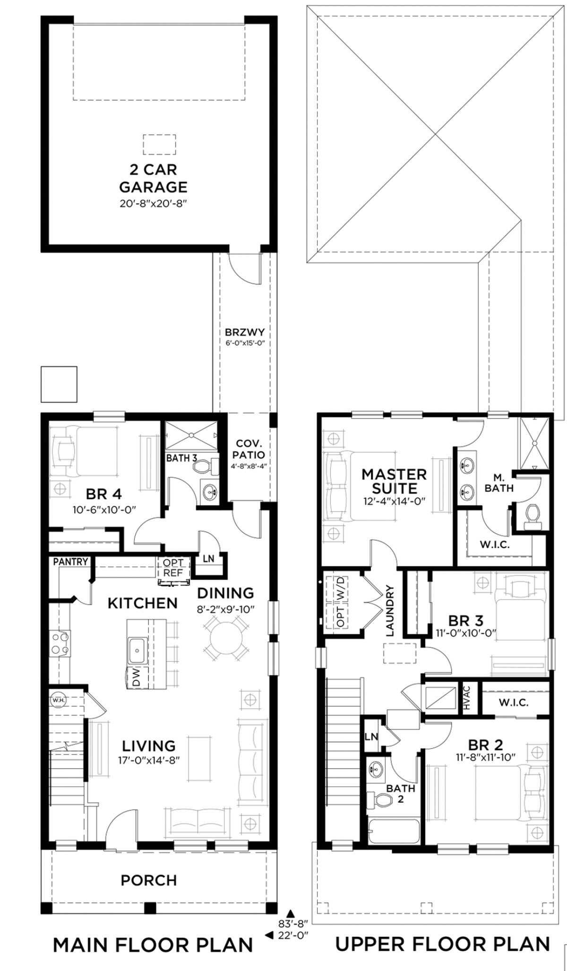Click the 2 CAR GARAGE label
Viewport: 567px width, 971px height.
click(x=153, y=178)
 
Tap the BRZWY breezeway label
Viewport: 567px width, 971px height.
click(x=244, y=332)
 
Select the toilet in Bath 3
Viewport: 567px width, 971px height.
click(x=206, y=467)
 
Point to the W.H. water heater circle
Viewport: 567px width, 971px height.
click(x=58, y=700)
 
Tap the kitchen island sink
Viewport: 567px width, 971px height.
click(x=137, y=650)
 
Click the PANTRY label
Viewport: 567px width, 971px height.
click(x=70, y=562)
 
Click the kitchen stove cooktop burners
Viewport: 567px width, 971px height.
click(x=60, y=643)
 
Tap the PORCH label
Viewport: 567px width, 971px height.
click(x=149, y=881)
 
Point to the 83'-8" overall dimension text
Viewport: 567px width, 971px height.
click(x=293, y=922)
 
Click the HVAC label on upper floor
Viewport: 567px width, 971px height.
click(x=467, y=698)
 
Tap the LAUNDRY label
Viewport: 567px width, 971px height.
click(x=390, y=611)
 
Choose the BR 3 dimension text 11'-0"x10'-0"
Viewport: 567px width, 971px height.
click(x=466, y=633)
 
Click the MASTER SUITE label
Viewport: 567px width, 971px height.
click(x=394, y=481)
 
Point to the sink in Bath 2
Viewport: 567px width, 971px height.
click(x=377, y=767)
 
